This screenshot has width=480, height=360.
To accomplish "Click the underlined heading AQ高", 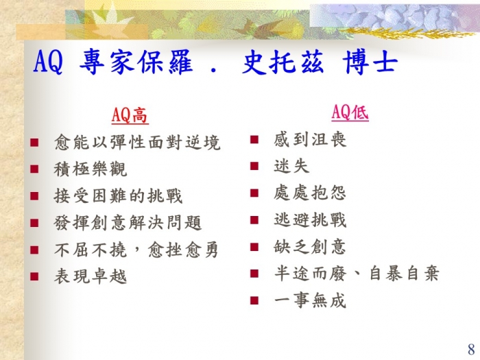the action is pos(130,115).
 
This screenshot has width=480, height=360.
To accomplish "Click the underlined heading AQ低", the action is pos(350,112).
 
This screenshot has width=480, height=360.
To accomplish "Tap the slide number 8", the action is pos(471,349).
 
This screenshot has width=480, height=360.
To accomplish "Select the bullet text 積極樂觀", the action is pos(91,169).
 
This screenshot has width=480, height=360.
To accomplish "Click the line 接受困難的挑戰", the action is pos(118,196).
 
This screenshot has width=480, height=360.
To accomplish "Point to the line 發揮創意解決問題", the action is pos(128,223).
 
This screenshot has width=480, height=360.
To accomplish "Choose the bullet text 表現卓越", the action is pos(91,276).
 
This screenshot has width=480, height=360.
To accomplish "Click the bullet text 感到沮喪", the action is pos(310,140).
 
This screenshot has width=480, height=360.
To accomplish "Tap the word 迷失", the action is pos(291,167).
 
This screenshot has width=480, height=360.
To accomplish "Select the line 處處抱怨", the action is pos(310,193).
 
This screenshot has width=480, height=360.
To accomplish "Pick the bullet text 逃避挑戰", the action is pos(310,220).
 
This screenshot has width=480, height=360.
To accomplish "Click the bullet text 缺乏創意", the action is pos(310,247).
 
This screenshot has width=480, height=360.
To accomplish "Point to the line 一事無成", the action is pos(310,300).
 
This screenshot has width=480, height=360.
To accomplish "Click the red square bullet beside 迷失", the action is pos(254,166).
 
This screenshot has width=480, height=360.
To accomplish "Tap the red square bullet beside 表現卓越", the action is pos(34,276).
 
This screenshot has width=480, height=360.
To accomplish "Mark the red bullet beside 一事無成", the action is pos(254,300).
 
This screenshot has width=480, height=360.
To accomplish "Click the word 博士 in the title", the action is pos(370,62).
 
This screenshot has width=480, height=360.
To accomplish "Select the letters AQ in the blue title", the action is pos(49,62).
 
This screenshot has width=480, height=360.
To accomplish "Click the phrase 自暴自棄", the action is pos(404,274).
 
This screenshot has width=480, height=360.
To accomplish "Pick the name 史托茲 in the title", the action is pos(283,62).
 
